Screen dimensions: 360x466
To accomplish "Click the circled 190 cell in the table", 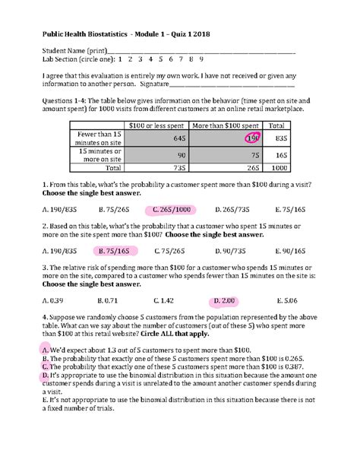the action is pos(251,138).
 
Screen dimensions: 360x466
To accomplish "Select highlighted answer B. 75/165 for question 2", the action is pos(113,250).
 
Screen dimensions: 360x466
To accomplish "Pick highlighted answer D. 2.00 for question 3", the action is pos(225,300).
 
